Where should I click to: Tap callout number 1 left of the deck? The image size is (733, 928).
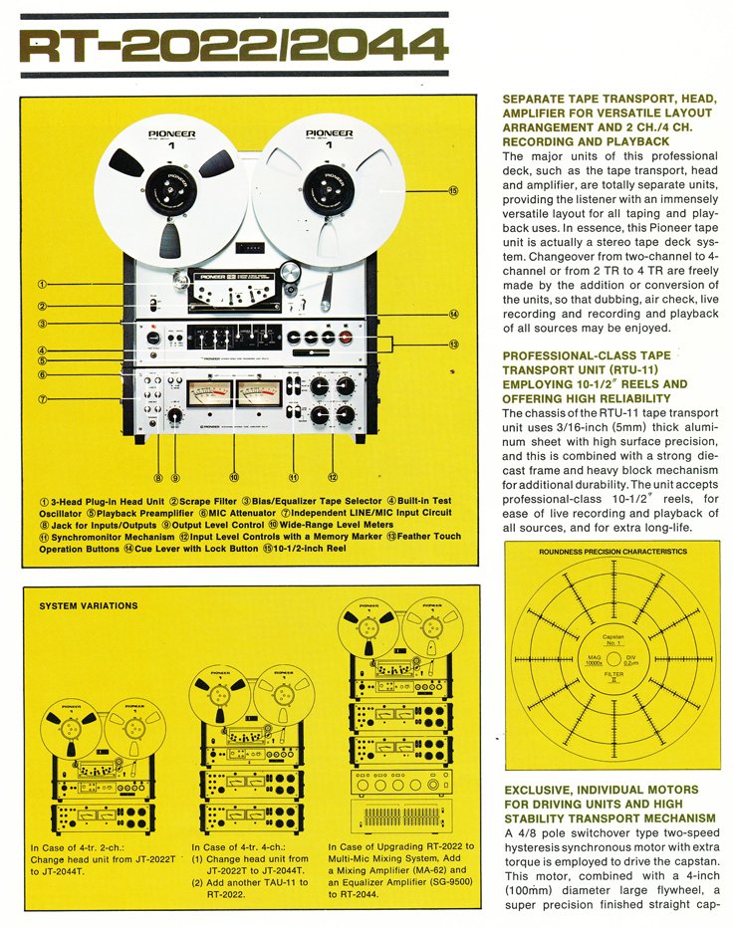(44, 283)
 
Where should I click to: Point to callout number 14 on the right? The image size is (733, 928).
(453, 315)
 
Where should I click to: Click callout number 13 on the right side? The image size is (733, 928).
(453, 346)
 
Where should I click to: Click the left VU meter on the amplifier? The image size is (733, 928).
(204, 393)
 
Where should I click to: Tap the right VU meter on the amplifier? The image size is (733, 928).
(260, 393)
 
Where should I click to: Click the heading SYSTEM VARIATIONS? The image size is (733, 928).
(89, 605)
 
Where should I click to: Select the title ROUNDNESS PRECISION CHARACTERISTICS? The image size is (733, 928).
(612, 551)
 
